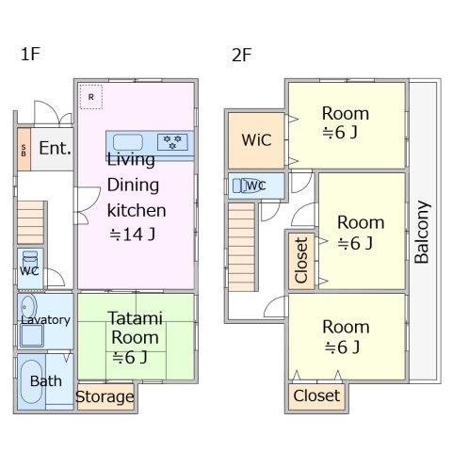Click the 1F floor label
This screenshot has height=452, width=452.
[x=30, y=54]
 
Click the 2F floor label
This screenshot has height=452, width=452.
[x=241, y=55]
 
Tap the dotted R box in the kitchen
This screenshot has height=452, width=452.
[x=91, y=97]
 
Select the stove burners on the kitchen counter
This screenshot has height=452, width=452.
[x=172, y=142]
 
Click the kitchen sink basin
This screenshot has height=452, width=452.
[x=128, y=142]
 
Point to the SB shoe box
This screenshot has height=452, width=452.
[x=24, y=150]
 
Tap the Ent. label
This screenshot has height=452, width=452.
[x=55, y=148]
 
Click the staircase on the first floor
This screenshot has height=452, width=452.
[x=30, y=222]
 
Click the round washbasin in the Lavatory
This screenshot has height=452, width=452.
[x=29, y=307]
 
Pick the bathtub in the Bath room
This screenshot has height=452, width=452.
[x=31, y=381]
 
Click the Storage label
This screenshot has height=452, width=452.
[x=105, y=396]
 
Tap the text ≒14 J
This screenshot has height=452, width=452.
[x=132, y=234]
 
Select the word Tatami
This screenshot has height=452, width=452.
[x=136, y=318]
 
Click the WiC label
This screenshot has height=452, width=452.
[x=256, y=140]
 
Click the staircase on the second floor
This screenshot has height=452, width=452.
[x=241, y=247]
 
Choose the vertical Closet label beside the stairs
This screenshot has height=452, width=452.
[x=301, y=260]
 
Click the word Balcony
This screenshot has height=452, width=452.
[x=422, y=232]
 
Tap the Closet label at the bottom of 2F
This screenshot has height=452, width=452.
[x=316, y=395]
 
